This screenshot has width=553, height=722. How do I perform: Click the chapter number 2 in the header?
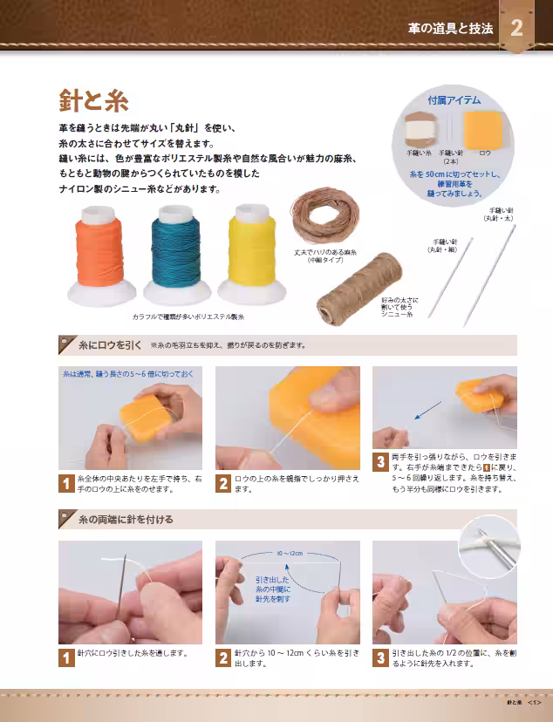coord(516,28)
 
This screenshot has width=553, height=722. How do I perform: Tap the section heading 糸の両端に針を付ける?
coord(125,519)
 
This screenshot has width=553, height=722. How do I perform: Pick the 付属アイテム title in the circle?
coord(453,101)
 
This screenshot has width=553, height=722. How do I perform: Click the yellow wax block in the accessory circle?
coord(483,129)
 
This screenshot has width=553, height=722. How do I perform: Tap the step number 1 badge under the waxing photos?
coord(65,483)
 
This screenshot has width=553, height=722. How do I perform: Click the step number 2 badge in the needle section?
coord(223,657)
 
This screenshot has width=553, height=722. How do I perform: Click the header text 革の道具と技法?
coord(450,28)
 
